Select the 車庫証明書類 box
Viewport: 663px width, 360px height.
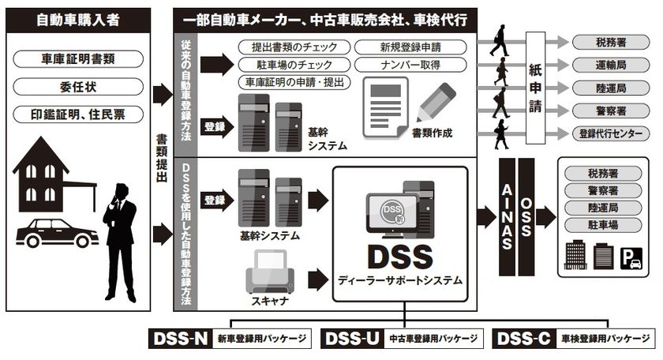[79, 59]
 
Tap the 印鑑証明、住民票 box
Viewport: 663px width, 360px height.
[79, 113]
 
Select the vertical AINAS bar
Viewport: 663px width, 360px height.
[507, 214]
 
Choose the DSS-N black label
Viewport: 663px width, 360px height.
[181, 339]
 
